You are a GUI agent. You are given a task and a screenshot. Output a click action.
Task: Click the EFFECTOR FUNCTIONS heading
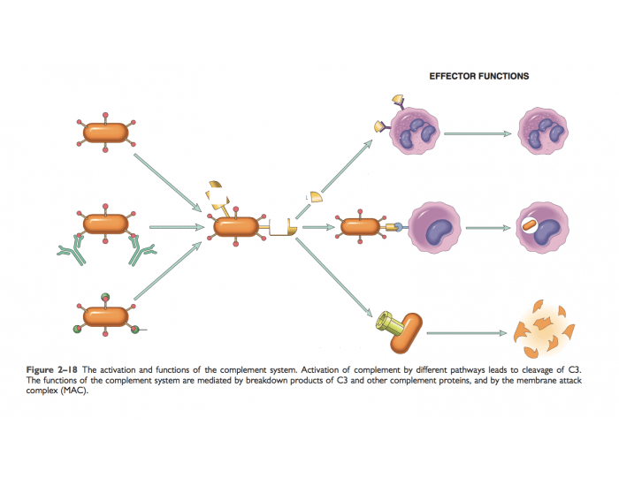478,76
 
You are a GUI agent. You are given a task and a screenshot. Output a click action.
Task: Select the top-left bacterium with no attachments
105,133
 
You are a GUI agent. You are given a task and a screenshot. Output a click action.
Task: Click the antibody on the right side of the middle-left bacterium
141,251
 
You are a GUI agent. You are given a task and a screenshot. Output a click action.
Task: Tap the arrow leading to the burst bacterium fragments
469,334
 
